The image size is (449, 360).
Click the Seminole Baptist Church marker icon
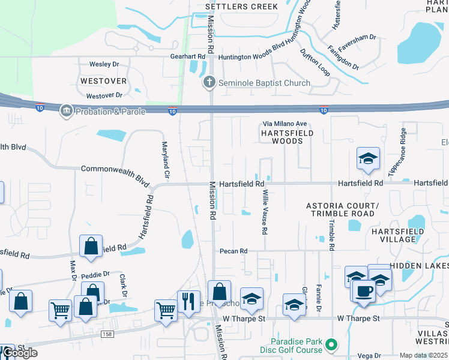[209, 83]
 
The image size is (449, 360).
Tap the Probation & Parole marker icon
[66, 110]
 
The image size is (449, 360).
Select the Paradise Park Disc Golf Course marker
[330, 345]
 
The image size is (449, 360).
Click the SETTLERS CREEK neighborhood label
[242, 7]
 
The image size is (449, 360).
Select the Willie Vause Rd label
[264, 212]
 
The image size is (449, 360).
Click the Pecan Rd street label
[234, 251]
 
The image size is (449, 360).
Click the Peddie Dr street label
[97, 274]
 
